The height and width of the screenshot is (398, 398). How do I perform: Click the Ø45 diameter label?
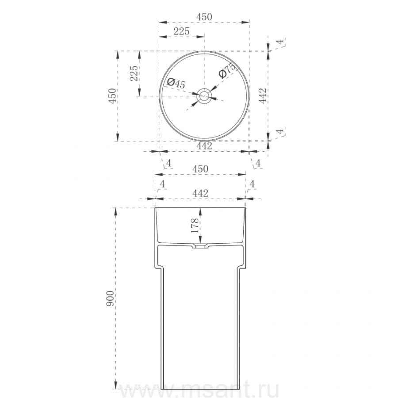coord(176,83)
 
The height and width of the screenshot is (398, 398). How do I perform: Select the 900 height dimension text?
coord(111,299)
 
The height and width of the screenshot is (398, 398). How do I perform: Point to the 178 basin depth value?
coord(195,225)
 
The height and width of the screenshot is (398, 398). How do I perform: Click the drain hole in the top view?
coord(204,96)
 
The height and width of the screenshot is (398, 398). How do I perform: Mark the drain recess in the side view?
coord(200,246)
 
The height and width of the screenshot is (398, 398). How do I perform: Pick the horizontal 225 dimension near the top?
coord(181,31)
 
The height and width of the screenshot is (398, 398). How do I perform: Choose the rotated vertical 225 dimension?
coord(134,73)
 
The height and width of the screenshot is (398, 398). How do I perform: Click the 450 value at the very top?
coord(204,17)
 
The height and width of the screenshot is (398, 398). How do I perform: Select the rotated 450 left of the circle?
coord(112,96)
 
